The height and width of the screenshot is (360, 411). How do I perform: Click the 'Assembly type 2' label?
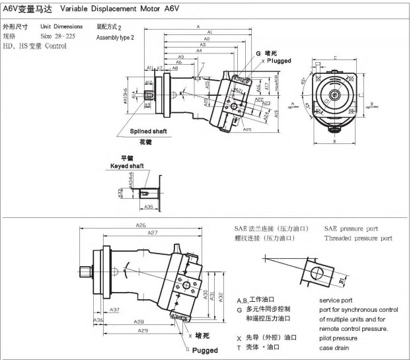[x=115, y=38]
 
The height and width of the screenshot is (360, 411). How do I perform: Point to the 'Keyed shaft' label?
[x=126, y=166]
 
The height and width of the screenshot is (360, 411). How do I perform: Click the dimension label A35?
[x=149, y=207]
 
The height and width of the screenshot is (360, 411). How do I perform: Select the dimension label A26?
[x=141, y=226]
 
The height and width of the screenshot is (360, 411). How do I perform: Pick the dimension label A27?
[x=153, y=233]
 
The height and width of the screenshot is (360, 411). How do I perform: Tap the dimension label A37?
[x=114, y=309]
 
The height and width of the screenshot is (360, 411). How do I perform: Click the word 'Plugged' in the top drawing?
[x=280, y=60]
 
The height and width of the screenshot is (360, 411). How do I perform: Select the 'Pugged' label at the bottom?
[x=204, y=350]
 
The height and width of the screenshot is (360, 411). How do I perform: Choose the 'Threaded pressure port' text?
[x=358, y=238]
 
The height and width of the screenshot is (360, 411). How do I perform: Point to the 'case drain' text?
[x=334, y=348]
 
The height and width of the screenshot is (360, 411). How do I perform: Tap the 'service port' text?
[x=337, y=299]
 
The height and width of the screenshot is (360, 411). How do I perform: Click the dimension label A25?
[x=246, y=129]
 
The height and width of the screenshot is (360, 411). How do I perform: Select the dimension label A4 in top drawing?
[x=200, y=51]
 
